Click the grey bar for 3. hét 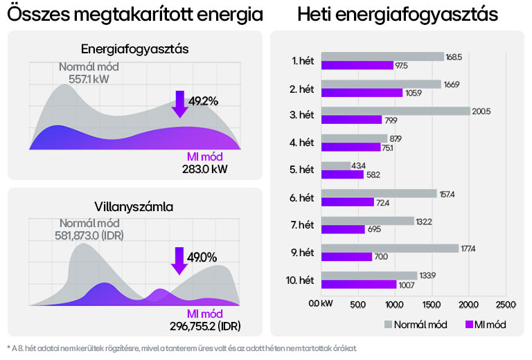[396, 111]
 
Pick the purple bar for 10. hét [359, 284]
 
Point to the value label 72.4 [386, 202]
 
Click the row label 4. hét [303, 143]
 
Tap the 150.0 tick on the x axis [432, 304]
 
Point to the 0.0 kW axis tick [321, 304]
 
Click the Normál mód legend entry [416, 324]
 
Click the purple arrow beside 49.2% [180, 104]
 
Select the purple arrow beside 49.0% [179, 260]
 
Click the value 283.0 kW [202, 168]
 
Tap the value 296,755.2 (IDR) [206, 325]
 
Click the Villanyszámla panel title [134, 206]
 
